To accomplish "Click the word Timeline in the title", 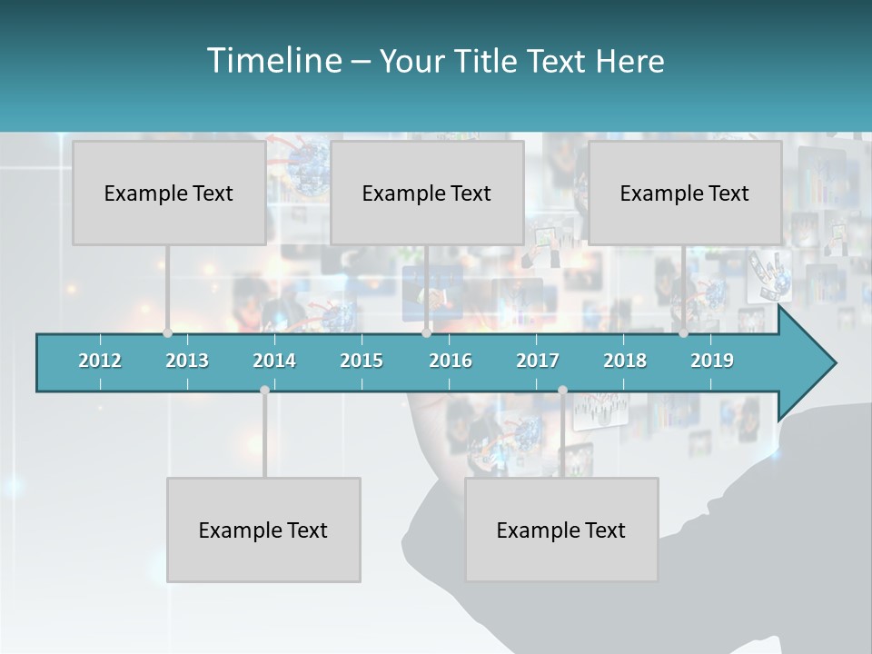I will point(273,61).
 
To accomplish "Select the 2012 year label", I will point(100,361).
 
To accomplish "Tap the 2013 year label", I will point(187,361).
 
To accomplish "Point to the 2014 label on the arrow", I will point(274,361).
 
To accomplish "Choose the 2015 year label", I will point(362,361).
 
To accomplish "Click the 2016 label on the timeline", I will point(451,361).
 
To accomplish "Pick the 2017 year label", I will point(538,361).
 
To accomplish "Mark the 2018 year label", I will point(625,361).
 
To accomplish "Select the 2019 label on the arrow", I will point(712,361).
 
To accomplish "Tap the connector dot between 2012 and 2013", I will point(167,333).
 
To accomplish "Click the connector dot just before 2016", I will point(426,333).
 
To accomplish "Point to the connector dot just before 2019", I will point(684,333).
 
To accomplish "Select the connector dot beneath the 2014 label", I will point(264,391).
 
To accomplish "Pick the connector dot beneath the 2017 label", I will point(562,391).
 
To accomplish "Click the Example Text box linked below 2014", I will point(263,530).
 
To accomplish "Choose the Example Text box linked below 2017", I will point(561,530).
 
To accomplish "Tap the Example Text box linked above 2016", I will point(427,193).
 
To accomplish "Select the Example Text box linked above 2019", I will point(685,193).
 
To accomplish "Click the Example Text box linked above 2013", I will point(169,193).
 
